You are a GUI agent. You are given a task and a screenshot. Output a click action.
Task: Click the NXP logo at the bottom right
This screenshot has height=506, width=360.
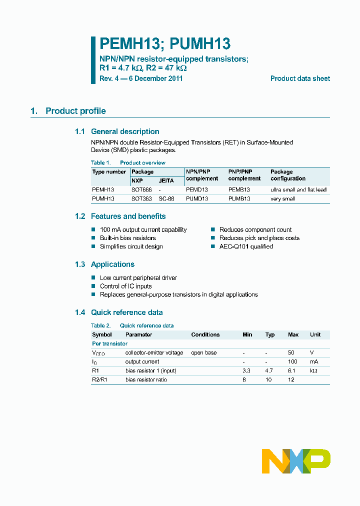(296, 461)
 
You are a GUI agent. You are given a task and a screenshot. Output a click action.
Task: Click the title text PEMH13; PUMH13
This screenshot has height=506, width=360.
(165, 44)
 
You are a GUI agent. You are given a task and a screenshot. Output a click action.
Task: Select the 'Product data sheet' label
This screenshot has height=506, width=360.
(300, 78)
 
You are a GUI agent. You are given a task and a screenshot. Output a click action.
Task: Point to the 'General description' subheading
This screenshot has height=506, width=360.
(125, 131)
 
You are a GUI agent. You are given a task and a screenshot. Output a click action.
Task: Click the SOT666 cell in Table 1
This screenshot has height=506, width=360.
(141, 190)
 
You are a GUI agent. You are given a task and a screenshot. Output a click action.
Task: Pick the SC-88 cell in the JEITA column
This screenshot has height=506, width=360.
(166, 199)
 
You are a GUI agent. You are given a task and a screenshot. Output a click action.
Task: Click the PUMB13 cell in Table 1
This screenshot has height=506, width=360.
(239, 199)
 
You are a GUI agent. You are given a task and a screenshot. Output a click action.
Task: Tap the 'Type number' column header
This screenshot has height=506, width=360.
(109, 172)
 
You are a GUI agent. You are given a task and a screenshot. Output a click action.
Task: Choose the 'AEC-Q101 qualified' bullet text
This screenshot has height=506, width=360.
(246, 246)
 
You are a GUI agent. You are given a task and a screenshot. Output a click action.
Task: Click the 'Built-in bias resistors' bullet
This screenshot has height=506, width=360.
(127, 238)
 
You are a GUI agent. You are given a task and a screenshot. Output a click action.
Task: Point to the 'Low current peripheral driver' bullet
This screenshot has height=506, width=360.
(138, 278)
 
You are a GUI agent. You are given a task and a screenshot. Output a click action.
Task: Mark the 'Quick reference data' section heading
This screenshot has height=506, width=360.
(126, 312)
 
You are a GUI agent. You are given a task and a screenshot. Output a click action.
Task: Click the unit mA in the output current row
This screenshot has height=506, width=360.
(313, 362)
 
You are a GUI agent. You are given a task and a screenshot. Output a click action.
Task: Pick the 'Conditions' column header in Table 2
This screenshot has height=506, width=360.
(205, 335)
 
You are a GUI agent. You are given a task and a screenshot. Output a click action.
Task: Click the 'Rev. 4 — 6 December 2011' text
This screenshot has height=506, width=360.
(141, 78)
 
